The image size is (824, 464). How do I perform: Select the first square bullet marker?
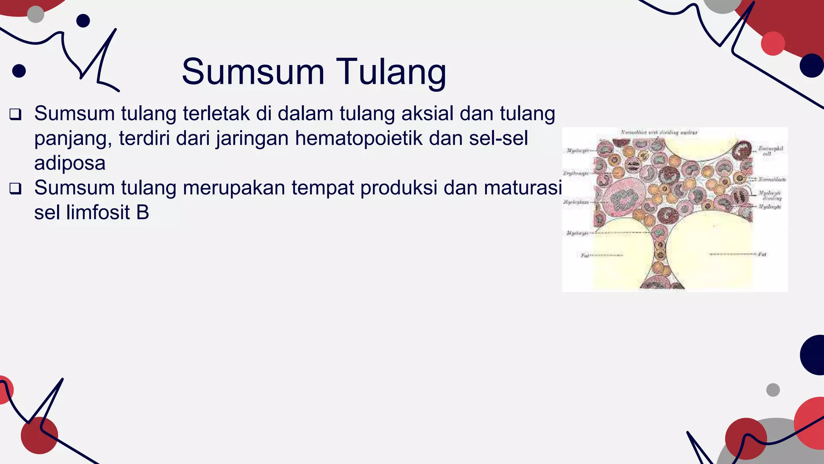point(15,114)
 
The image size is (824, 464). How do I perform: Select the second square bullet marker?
point(15,188)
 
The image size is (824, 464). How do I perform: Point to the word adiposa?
point(70,163)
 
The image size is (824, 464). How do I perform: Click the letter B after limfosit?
point(142,213)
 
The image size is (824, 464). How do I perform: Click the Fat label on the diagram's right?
point(762,254)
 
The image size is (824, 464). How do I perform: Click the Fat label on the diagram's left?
point(585,255)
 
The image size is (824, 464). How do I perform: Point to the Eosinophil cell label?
point(770,151)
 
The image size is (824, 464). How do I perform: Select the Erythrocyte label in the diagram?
point(576,173)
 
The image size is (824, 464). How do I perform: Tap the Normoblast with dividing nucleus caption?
point(659,132)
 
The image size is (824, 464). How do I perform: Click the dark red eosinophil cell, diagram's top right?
point(742,151)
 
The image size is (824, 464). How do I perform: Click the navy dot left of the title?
point(19,71)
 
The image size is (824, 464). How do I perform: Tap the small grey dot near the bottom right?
point(773,390)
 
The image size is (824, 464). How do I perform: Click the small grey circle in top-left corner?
point(35,14)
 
